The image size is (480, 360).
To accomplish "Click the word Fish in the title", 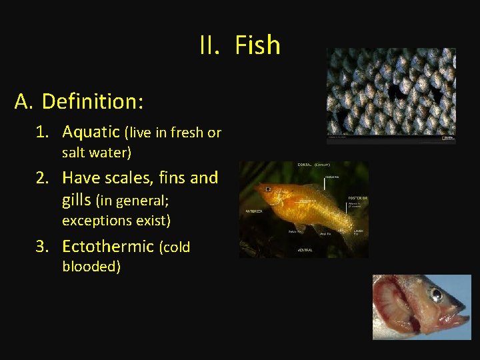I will (257, 45).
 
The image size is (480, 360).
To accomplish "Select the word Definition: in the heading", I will (93, 101).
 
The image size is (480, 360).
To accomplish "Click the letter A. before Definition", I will (24, 101).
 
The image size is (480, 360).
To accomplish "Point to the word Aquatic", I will (91, 132).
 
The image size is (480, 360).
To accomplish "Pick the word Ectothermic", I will (108, 246).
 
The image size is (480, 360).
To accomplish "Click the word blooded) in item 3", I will (91, 267).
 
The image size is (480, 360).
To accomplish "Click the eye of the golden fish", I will (267, 190).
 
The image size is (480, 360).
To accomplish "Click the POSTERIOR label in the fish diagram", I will (359, 199).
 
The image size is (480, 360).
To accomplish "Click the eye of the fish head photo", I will (436, 294).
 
